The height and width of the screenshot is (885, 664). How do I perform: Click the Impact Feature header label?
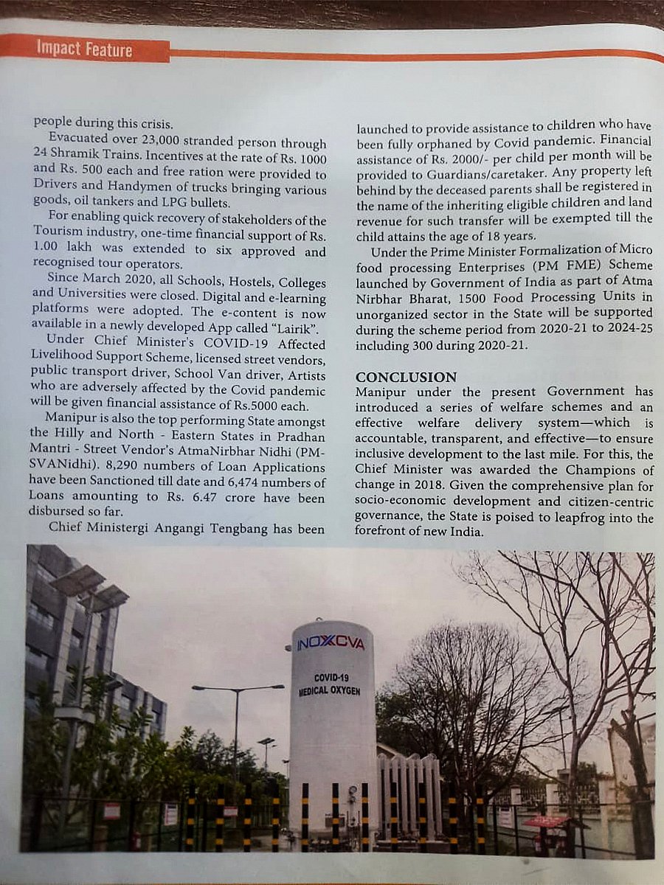click(84, 49)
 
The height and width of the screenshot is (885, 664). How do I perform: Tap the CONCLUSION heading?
click(406, 377)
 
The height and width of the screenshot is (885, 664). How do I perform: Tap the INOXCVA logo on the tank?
click(331, 643)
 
